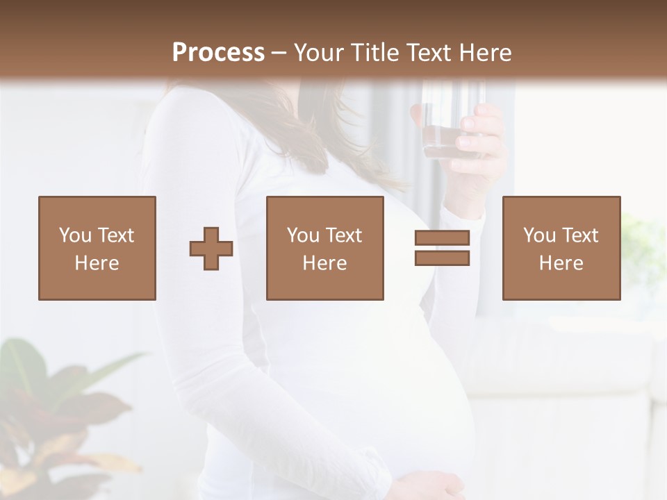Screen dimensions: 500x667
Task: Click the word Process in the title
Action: click(218, 53)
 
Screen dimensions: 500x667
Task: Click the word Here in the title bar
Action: click(486, 53)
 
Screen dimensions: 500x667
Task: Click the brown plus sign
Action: click(211, 248)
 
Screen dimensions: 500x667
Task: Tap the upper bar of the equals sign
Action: click(442, 238)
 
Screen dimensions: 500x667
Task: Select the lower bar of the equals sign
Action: click(442, 258)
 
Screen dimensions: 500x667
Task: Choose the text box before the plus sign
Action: click(97, 248)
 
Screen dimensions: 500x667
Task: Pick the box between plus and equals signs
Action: click(325, 248)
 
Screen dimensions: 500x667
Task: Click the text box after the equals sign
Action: click(561, 248)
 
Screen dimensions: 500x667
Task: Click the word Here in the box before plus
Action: click(97, 263)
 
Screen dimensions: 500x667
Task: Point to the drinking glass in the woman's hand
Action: click(445, 125)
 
